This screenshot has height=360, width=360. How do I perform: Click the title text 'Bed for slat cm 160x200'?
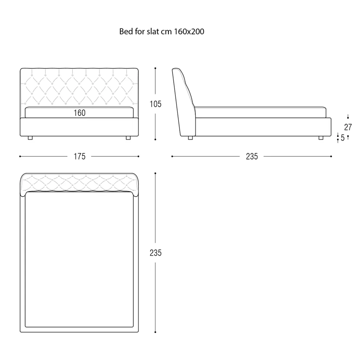(162, 31)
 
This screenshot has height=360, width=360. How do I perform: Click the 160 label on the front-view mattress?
(80, 113)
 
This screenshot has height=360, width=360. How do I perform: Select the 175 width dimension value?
(80, 156)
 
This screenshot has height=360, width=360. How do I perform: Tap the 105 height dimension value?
(156, 104)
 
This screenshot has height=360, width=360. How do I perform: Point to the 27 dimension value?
(348, 127)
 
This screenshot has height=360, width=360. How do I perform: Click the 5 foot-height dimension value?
(343, 138)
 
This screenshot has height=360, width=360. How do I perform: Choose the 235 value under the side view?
(252, 156)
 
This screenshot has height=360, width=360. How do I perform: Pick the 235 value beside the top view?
(156, 253)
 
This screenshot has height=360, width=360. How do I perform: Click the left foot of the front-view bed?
(30, 138)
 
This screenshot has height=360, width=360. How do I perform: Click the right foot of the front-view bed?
(129, 138)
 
